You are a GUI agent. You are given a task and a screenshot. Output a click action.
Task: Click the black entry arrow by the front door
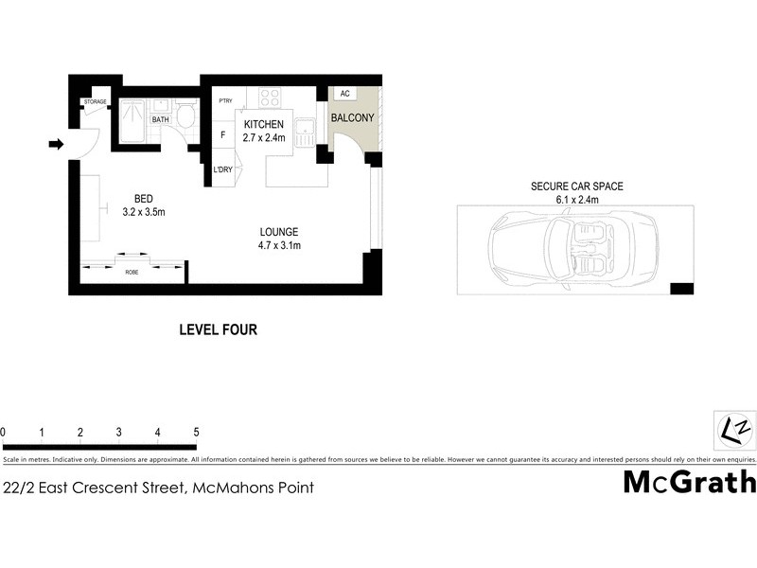tap(56, 144)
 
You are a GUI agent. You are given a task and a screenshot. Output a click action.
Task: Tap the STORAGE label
tap(95, 101)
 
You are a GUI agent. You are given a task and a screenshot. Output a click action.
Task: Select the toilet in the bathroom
tap(185, 118)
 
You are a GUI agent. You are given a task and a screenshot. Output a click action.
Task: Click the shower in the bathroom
tap(132, 121)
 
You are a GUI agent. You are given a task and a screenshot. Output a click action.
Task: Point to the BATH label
tap(161, 120)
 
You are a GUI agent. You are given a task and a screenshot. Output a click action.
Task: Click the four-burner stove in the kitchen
tap(269, 98)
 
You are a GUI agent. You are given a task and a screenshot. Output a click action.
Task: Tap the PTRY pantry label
tap(225, 101)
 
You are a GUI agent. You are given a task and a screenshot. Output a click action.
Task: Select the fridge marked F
tap(222, 135)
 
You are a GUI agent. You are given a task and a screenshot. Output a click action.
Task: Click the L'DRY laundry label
tap(223, 169)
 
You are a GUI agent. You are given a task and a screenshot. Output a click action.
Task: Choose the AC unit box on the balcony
tap(344, 95)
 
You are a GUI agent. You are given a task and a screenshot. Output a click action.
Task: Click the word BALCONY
tap(352, 118)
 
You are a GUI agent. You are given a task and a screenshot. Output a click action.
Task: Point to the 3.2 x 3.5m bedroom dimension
tap(144, 212)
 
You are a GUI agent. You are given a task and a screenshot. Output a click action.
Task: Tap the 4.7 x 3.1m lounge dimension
tap(279, 245)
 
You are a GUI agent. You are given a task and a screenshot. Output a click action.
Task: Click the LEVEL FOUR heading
tap(219, 330)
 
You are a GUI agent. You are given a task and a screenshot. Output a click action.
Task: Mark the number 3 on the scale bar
tap(118, 433)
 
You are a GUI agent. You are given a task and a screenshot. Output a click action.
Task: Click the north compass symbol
tap(732, 430)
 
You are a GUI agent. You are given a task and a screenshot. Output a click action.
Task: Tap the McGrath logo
tap(689, 482)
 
